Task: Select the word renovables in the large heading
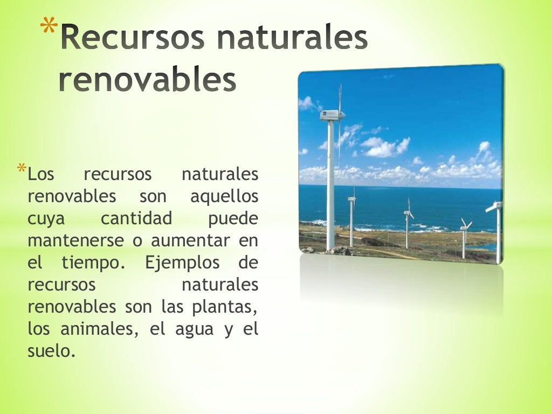tap(147, 80)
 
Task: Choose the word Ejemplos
tap(182, 264)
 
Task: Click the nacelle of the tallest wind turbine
tap(331, 114)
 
